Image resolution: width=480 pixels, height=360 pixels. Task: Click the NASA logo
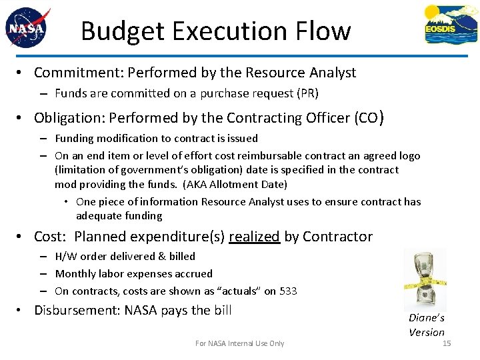pyautogui.click(x=27, y=28)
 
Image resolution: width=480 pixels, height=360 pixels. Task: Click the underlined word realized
pyautogui.click(x=254, y=236)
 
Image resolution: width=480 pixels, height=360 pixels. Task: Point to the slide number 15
pyautogui.click(x=447, y=343)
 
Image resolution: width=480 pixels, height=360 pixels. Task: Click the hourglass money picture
pyautogui.click(x=425, y=279)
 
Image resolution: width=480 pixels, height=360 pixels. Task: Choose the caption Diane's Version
pyautogui.click(x=427, y=325)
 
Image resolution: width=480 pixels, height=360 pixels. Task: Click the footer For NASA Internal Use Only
pyautogui.click(x=239, y=343)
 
